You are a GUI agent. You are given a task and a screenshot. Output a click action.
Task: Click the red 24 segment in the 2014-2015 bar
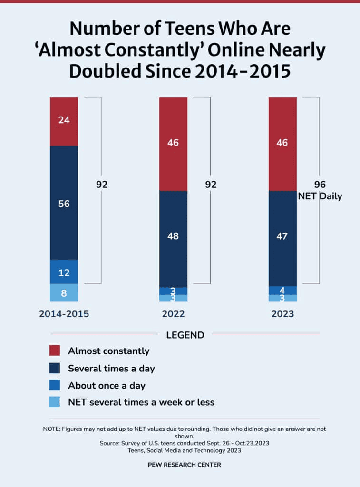click(64, 121)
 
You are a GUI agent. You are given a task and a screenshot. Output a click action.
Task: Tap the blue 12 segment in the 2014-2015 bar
click(64, 272)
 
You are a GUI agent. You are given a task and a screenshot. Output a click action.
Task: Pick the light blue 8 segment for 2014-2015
click(64, 293)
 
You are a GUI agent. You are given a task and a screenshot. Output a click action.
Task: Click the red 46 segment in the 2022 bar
click(173, 143)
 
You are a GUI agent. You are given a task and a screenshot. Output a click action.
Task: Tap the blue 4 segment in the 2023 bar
click(282, 290)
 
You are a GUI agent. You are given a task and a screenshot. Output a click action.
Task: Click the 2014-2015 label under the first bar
click(64, 314)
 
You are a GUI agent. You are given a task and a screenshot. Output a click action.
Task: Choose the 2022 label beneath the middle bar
click(173, 314)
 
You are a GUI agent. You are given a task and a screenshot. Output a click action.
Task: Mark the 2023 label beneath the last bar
click(282, 314)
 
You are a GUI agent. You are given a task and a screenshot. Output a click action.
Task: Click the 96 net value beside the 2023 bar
click(320, 185)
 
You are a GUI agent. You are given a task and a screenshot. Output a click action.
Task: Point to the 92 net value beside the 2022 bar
click(210, 185)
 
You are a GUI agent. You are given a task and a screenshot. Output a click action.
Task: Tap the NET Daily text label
click(320, 196)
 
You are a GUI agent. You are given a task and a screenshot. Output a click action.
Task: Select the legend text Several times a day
click(111, 368)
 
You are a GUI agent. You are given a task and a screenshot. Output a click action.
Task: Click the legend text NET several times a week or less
click(141, 402)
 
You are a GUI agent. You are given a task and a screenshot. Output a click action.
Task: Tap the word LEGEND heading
click(185, 335)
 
